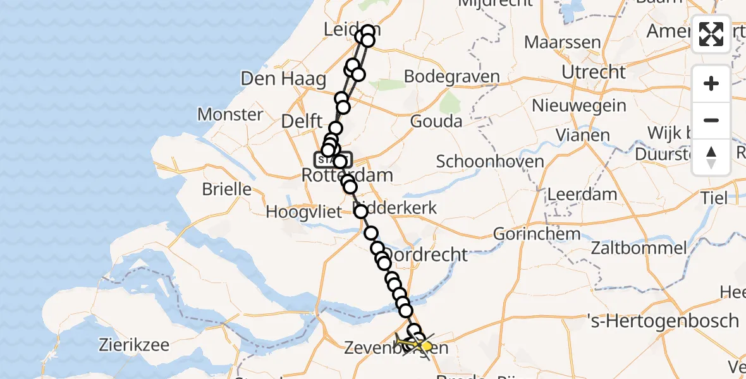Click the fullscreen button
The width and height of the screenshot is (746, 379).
pos(711,34)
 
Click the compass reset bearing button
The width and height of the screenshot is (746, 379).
pos(711,157)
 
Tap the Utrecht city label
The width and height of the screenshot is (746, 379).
pos(594,72)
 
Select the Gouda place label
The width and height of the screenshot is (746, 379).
pos(436,121)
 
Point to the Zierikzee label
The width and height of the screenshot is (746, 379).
pos(133,345)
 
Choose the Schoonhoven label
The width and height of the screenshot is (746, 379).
pos(490,161)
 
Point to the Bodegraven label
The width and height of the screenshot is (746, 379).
pos(451,77)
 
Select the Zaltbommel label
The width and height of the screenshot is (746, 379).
pos(639,247)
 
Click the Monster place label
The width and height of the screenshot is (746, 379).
pos(230,114)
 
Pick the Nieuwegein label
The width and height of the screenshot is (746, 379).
pos(580,105)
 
